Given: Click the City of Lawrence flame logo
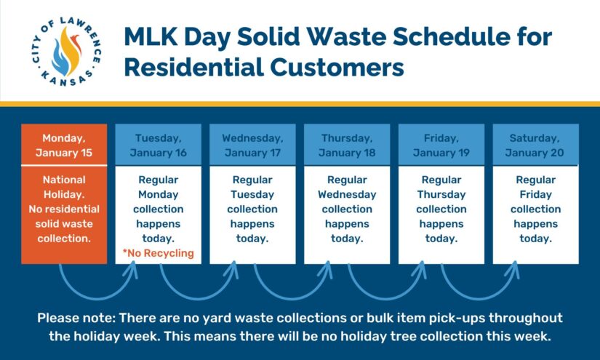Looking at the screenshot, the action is tap(66, 51).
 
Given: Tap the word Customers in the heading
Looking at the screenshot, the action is tap(337, 68).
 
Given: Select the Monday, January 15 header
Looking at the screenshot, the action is tap(64, 145).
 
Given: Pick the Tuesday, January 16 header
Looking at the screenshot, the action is tap(158, 145).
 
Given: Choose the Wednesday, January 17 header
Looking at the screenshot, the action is tap(252, 145).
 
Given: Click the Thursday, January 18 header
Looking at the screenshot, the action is tap(347, 145).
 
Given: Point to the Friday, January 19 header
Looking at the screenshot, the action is tap(441, 145).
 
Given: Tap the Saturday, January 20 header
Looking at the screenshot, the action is tap(535, 145).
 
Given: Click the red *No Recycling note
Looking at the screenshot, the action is tap(158, 253).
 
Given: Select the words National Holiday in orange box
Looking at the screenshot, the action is tap(64, 187).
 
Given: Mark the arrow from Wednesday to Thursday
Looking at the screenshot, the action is tap(291, 297).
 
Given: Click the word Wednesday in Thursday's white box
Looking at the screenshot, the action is tap(347, 194).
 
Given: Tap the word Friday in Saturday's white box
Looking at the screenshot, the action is tap(535, 194).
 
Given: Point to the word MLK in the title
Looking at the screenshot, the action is tap(151, 36).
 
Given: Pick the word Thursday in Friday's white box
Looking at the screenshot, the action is tap(441, 194).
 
